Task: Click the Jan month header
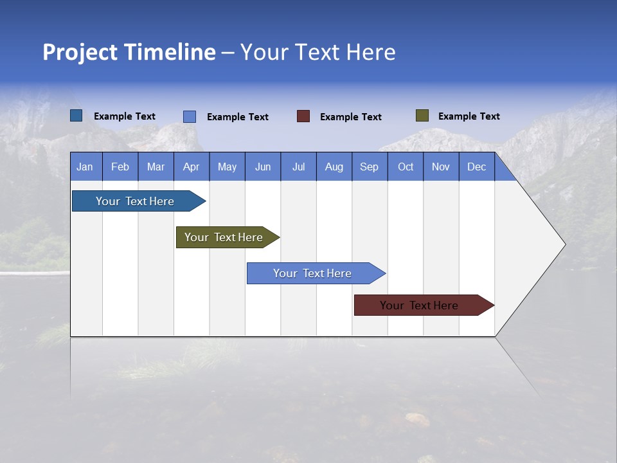85,167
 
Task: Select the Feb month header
120,167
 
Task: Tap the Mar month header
156,167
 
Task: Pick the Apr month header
192,167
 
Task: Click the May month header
227,167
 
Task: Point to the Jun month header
263,167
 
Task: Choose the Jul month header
298,167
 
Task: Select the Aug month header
334,167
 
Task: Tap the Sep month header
370,167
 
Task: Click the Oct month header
406,167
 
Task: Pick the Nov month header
441,167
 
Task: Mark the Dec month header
477,167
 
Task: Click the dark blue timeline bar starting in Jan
136,201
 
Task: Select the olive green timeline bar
224,237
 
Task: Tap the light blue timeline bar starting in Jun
313,273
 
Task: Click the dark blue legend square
76,116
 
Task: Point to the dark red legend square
303,116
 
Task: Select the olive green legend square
422,116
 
